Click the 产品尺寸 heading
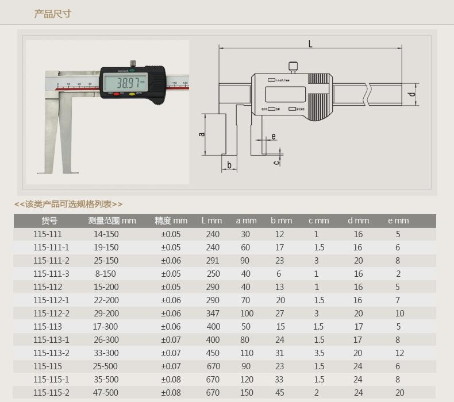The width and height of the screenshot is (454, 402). coord(52,14)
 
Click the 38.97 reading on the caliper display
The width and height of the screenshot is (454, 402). coord(128,83)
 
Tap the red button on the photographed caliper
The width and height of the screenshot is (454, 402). coord(116,94)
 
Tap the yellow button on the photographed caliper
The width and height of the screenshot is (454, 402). coord(132,94)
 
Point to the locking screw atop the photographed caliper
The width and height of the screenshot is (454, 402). coord(133,63)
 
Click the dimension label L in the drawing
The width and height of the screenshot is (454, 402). coord(310,44)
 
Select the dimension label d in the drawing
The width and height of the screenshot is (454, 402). coord(411,94)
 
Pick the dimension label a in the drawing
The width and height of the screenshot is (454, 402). coord(202,134)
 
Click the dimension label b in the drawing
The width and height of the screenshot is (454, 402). coord(229,165)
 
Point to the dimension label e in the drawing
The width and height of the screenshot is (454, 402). coord(274,136)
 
